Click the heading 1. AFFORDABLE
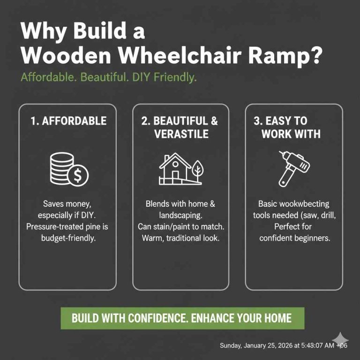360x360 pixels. pyautogui.click(x=68, y=120)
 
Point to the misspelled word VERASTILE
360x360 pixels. pyautogui.click(x=181, y=134)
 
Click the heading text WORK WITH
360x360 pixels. pyautogui.click(x=291, y=134)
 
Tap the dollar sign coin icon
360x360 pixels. pyautogui.click(x=78, y=175)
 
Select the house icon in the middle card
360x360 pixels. pyautogui.click(x=175, y=169)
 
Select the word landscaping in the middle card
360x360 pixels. pyautogui.click(x=180, y=216)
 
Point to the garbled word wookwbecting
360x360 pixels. pyautogui.click(x=305, y=204)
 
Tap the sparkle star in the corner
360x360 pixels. pyautogui.click(x=341, y=339)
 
